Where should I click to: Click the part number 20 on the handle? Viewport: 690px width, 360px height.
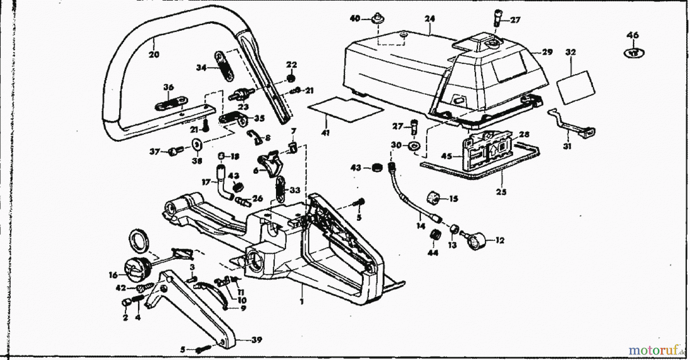click(x=154, y=55)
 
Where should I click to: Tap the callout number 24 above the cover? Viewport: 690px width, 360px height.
click(x=430, y=18)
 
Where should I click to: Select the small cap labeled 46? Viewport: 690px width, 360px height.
click(x=634, y=53)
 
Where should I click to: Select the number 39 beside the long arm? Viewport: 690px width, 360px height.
click(x=256, y=340)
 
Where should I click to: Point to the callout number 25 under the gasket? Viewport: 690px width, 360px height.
click(x=501, y=192)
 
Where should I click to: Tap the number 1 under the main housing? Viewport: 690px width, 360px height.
click(x=302, y=302)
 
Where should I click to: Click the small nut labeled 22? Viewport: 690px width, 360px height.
click(x=291, y=79)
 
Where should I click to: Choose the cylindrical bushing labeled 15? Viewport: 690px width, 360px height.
click(x=433, y=198)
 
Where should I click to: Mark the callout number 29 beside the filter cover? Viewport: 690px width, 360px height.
click(x=547, y=52)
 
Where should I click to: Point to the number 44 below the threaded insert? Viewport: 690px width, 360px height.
click(x=433, y=253)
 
